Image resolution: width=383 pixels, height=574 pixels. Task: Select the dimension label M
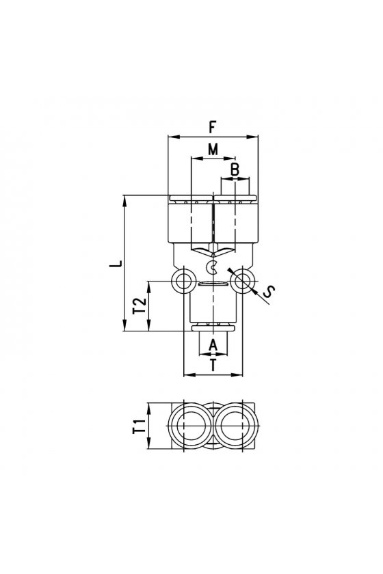(213, 149)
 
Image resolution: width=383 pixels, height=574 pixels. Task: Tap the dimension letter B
(235, 170)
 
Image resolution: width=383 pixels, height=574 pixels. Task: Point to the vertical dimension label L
(116, 264)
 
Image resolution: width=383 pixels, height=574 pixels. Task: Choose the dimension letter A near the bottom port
(213, 345)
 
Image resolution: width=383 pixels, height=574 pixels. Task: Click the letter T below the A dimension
(213, 365)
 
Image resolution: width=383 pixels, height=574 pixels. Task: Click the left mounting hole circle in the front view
(182, 281)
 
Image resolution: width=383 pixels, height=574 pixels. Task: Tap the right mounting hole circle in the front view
(242, 281)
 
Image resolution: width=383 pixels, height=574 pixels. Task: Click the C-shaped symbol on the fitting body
(212, 267)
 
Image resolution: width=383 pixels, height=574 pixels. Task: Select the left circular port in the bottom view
(190, 426)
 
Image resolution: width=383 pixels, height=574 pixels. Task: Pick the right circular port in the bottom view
(235, 426)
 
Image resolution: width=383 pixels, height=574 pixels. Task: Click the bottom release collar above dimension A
(213, 327)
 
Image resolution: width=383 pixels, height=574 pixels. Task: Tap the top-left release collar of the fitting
(191, 199)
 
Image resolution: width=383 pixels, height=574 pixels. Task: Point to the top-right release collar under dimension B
(235, 199)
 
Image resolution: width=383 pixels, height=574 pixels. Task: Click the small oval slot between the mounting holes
(212, 284)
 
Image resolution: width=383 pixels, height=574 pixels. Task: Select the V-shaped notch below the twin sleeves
(213, 252)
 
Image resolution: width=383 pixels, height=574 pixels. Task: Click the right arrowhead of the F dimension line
(254, 137)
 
